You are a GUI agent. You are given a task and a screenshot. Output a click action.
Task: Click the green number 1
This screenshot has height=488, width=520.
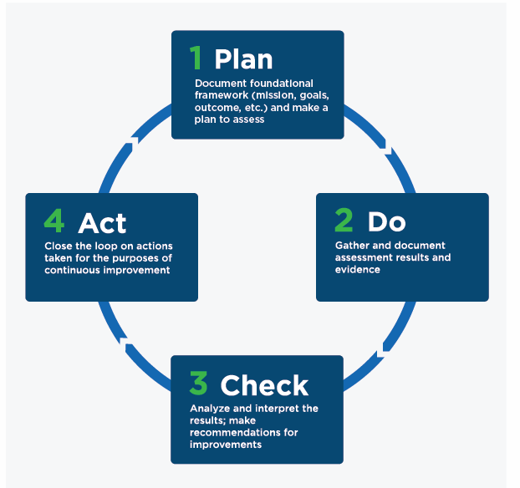(x=196, y=58)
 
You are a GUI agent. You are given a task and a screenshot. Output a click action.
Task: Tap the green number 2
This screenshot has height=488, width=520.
(x=344, y=220)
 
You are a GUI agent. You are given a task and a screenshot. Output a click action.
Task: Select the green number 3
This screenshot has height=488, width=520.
(x=199, y=383)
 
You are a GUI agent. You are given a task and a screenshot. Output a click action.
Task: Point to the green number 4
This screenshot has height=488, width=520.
(x=54, y=221)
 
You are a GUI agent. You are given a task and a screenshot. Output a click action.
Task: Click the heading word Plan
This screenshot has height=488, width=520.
(x=243, y=59)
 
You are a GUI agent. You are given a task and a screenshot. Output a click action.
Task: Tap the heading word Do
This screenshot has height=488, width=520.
(x=387, y=221)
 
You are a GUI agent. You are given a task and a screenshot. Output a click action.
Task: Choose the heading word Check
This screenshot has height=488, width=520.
(x=264, y=385)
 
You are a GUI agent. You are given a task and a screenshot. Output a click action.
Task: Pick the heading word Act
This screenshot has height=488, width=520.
(x=102, y=223)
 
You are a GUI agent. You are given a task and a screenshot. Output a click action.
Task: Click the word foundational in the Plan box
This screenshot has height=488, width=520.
(x=281, y=84)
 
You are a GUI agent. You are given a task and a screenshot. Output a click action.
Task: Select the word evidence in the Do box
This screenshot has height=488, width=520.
(x=358, y=270)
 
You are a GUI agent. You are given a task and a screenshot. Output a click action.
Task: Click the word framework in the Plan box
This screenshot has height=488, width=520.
(x=222, y=95)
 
